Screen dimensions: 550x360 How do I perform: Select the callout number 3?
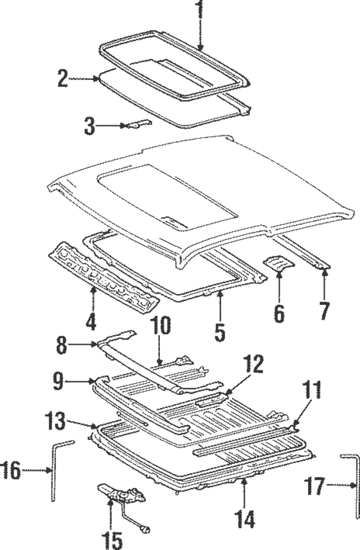pos(90,126)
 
